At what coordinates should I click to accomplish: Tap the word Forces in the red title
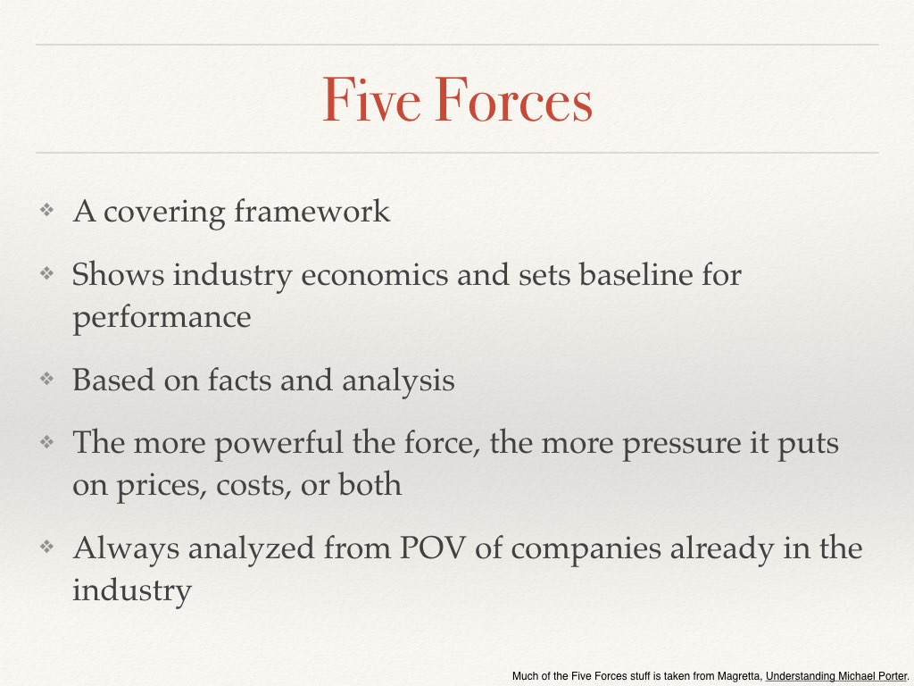click(513, 100)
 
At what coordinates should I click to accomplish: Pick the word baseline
click(633, 274)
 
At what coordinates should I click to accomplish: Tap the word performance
click(162, 318)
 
